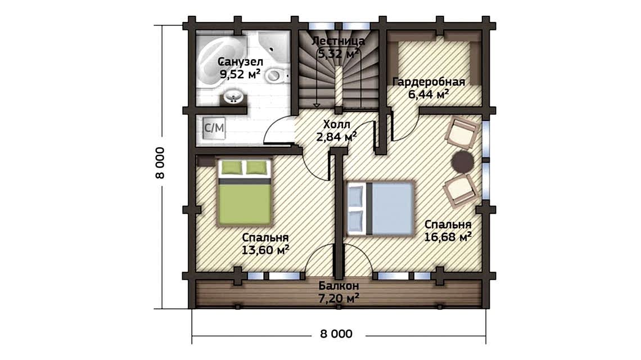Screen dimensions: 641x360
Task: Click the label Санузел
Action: point(240,62)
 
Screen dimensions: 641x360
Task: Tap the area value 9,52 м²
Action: point(240,74)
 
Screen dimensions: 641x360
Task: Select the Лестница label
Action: point(338,41)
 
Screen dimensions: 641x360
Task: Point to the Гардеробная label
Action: point(428,82)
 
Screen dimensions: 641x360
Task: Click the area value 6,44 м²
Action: point(428,94)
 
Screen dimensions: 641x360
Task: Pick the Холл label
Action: point(336,124)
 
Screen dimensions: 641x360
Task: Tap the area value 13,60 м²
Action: point(265,250)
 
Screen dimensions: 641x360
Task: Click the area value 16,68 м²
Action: point(448,236)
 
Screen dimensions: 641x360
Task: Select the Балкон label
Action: point(338,286)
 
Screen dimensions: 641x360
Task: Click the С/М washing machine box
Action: point(214,128)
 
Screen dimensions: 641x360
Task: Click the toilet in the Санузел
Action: point(276,75)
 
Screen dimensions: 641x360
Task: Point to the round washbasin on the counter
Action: point(233,97)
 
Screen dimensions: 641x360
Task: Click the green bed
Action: point(245,192)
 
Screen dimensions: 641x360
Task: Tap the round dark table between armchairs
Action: point(462,161)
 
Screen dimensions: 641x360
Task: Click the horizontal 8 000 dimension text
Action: point(336,334)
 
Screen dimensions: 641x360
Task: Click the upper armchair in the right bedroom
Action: point(463,132)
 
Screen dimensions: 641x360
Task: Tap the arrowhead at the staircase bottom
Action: point(317,105)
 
